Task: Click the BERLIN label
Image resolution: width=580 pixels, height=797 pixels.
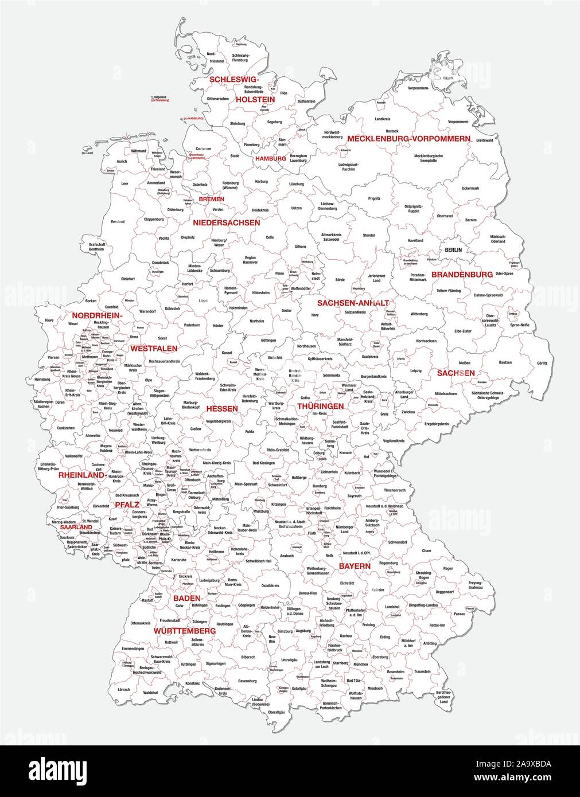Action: [x=453, y=250]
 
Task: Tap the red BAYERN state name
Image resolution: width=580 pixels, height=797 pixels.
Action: [x=354, y=566]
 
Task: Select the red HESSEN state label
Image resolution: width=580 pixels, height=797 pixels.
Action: [x=221, y=409]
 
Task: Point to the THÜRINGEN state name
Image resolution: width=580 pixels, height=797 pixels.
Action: [x=320, y=406]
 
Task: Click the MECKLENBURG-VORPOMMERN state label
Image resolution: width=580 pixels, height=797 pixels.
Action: [x=409, y=139]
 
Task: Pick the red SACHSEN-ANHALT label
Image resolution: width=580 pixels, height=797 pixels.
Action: [x=353, y=303]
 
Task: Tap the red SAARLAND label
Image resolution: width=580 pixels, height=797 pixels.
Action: [x=76, y=527]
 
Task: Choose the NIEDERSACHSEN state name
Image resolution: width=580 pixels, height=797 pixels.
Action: [x=226, y=222]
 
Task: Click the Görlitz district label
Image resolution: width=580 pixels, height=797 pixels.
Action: [x=542, y=363]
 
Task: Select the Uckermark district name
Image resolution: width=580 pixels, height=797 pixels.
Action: [x=470, y=188]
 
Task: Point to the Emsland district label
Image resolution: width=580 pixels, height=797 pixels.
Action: [x=118, y=221]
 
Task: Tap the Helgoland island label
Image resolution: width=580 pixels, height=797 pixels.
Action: [x=160, y=98]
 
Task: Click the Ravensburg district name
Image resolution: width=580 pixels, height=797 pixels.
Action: [x=247, y=681]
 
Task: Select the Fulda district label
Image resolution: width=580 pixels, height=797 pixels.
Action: [x=249, y=431]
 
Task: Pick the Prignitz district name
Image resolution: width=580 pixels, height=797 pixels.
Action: [x=374, y=198]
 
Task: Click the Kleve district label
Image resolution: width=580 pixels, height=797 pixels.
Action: [x=49, y=319]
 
